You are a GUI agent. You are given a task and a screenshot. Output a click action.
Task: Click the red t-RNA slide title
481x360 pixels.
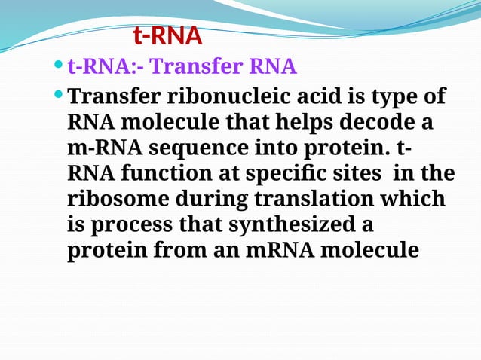167,35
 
